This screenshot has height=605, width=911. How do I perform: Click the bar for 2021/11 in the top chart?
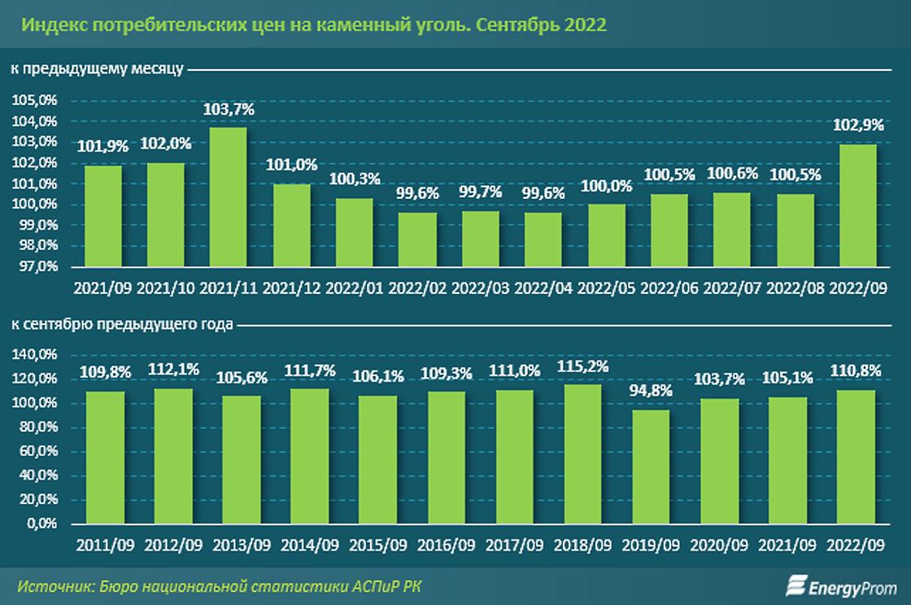click(228, 197)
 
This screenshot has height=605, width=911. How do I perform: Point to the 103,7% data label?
click(228, 109)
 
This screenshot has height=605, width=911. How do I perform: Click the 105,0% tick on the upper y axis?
click(34, 101)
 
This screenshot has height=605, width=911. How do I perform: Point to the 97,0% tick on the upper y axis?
click(36, 266)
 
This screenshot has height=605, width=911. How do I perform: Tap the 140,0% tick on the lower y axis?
click(34, 355)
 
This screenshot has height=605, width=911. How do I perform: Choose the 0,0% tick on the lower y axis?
click(41, 524)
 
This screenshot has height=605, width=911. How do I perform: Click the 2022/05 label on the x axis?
click(606, 288)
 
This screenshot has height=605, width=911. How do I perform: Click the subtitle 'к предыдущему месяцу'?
click(96, 71)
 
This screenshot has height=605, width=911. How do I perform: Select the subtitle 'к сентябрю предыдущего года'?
click(121, 324)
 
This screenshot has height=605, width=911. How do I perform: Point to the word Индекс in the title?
click(50, 24)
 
